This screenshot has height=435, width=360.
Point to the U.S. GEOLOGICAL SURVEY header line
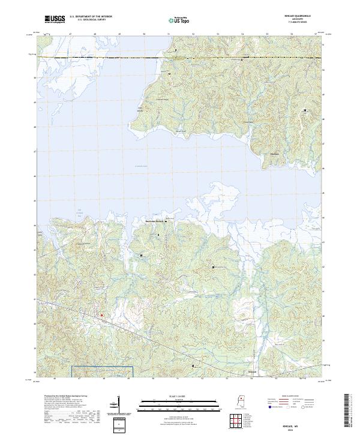pos(91,20)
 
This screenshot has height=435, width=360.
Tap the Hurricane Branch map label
pos(153,221)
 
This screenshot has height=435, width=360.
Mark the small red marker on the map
pos(101,314)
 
